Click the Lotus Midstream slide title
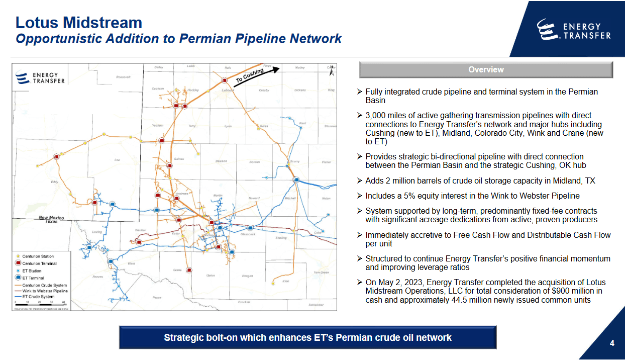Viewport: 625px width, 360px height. pos(78,22)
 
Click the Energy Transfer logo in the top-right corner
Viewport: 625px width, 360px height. pos(573,30)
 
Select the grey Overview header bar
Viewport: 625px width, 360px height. pos(486,70)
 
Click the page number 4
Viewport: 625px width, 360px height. pos(612,343)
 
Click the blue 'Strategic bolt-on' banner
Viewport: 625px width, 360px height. pos(307,337)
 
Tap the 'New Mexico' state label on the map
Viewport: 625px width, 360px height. pos(51,217)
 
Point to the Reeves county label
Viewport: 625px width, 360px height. pos(97,277)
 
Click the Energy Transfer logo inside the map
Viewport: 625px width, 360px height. pos(40,78)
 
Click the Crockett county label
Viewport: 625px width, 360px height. pos(244,302)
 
